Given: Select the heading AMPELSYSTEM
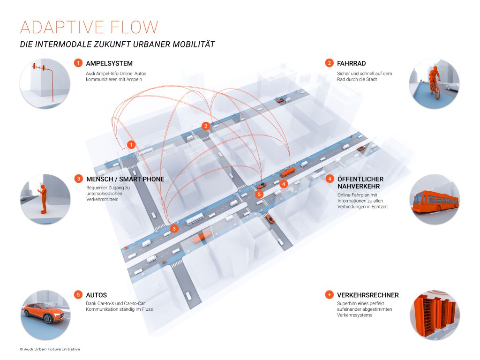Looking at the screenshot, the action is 109,63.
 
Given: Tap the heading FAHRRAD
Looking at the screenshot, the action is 351,63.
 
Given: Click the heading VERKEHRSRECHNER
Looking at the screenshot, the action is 367,295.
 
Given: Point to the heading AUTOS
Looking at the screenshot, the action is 96,295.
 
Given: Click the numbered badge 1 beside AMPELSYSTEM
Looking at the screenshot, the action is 78,63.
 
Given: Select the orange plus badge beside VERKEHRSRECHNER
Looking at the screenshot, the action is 330,295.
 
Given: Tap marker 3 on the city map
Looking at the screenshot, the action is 174,228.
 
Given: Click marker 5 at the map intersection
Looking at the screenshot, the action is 259,195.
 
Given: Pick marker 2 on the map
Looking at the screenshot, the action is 206,126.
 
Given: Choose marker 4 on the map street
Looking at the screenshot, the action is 284,184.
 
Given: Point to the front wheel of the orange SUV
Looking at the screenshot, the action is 48,318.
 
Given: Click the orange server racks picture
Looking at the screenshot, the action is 435,315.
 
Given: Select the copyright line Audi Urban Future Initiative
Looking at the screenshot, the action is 50,349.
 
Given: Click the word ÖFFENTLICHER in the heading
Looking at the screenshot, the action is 360,179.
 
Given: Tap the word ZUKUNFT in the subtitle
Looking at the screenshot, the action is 112,45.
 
